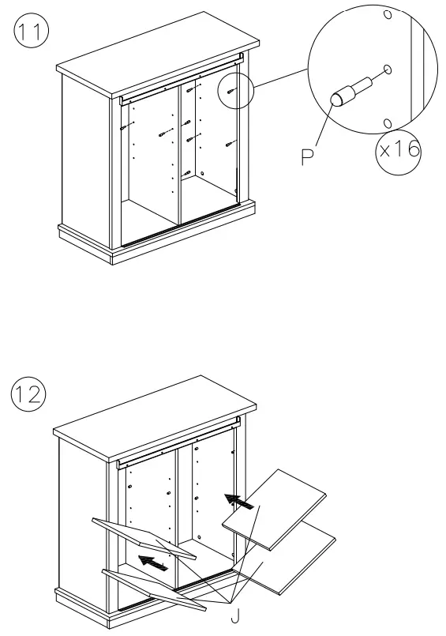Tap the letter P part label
click(x=307, y=155)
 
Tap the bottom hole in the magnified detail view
click(x=387, y=122)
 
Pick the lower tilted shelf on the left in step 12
click(x=150, y=586)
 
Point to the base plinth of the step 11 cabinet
click(x=158, y=241)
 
